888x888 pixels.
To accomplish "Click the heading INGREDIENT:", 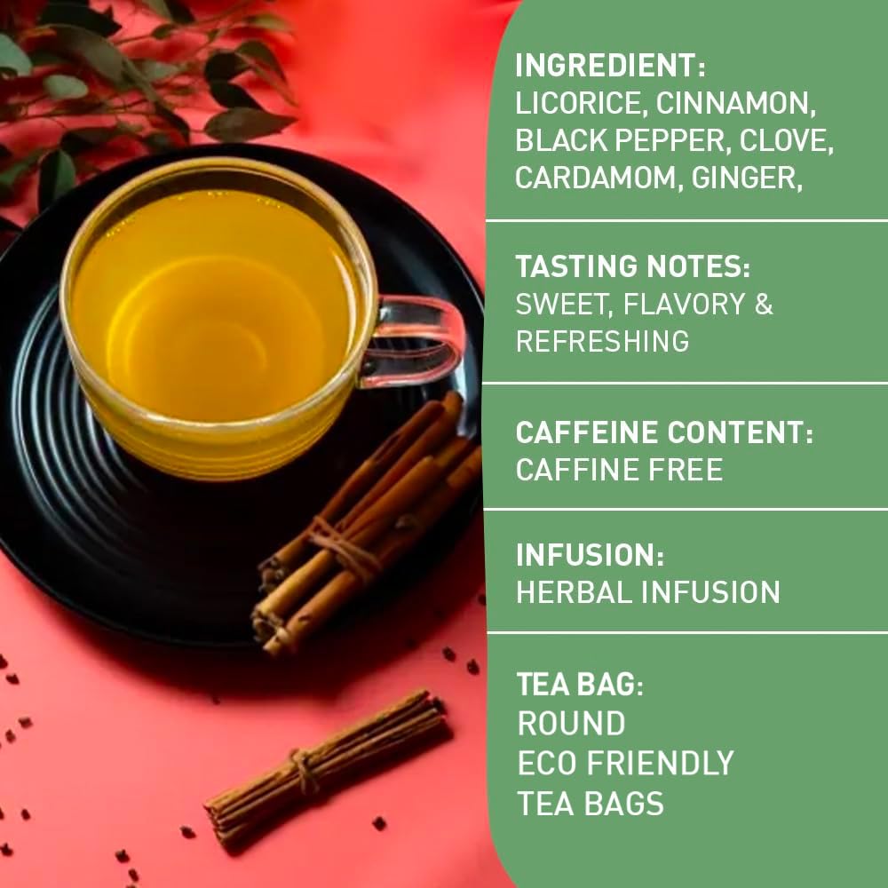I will point(611,65).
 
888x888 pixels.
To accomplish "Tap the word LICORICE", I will point(577,103).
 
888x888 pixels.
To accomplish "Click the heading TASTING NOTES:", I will point(633,266).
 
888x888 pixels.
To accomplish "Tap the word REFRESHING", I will point(602,341).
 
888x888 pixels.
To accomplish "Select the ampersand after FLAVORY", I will point(764,304).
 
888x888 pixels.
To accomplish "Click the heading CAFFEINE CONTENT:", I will point(664,432).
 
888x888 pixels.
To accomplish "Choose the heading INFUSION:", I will point(590,555).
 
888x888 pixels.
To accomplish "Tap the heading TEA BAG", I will point(577,685).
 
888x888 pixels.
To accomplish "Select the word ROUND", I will point(571,724).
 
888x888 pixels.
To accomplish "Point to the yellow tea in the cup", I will point(213,302).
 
